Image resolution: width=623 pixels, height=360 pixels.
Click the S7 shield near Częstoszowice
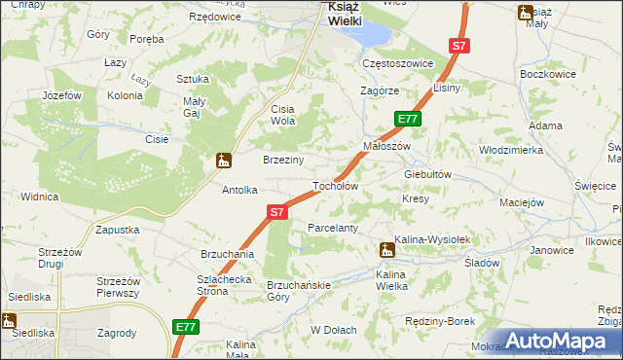459,46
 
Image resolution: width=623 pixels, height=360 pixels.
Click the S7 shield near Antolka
276,211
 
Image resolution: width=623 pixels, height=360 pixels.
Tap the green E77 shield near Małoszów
408,119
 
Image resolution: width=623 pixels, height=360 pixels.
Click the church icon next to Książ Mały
526,13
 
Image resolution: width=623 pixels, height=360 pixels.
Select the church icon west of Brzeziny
223,160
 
